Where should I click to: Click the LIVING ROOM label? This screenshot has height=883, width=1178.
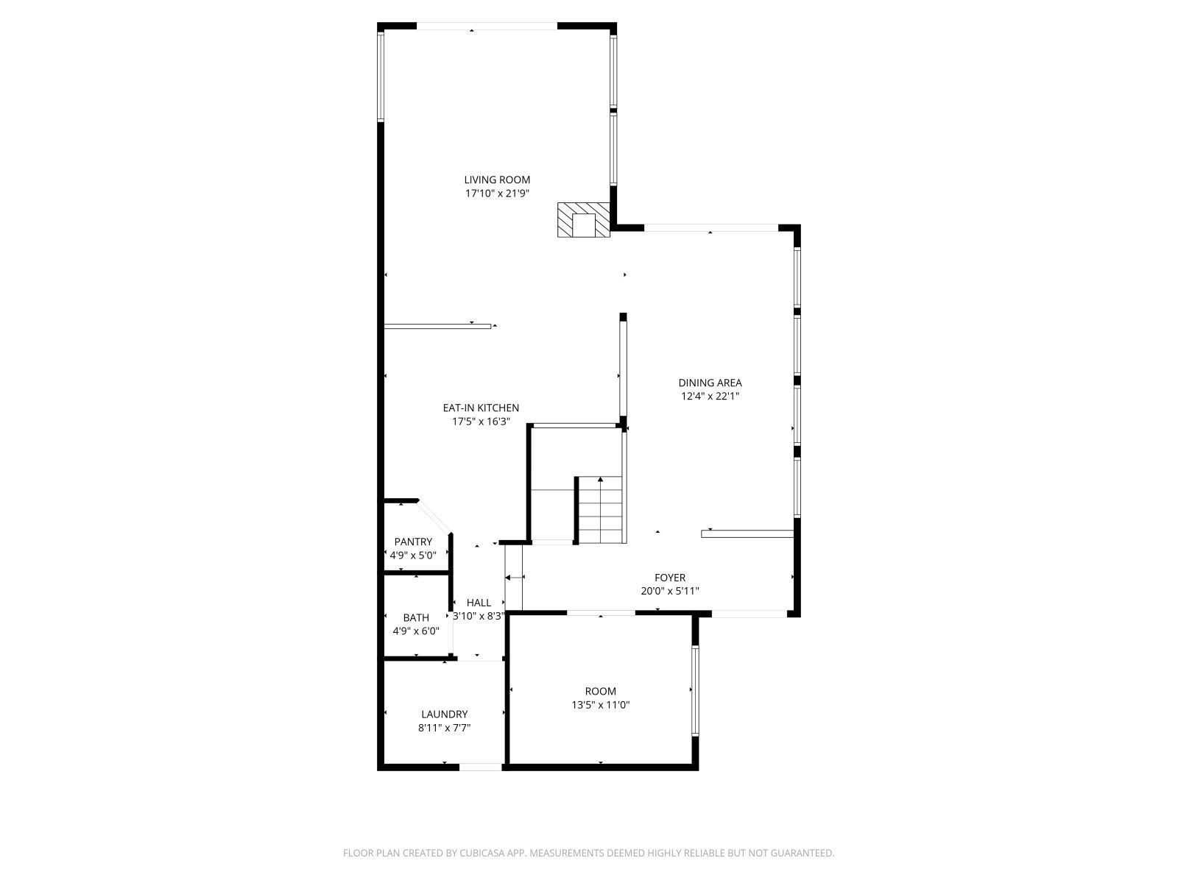497,180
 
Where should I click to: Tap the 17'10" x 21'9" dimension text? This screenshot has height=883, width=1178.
497,194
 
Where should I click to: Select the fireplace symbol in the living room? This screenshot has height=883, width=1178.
583,221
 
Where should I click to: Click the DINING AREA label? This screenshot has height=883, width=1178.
710,383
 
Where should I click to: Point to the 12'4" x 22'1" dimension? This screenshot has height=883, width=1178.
710,396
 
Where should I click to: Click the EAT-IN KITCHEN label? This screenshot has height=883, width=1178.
481,408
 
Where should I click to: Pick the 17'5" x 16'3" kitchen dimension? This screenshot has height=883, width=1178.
481,422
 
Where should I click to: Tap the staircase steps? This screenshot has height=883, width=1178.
601,510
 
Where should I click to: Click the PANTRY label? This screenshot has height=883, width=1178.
413,542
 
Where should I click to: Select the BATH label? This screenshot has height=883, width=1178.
416,617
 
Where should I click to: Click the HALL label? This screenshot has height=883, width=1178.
479,603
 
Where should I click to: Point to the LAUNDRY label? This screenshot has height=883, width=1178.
444,714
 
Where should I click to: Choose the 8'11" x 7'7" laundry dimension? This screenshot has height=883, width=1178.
444,728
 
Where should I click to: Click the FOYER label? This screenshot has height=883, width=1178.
670,578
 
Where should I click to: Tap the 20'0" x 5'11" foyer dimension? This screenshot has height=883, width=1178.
670,591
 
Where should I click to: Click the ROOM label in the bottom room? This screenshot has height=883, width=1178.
601,691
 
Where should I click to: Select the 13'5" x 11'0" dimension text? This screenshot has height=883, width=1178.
601,705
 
